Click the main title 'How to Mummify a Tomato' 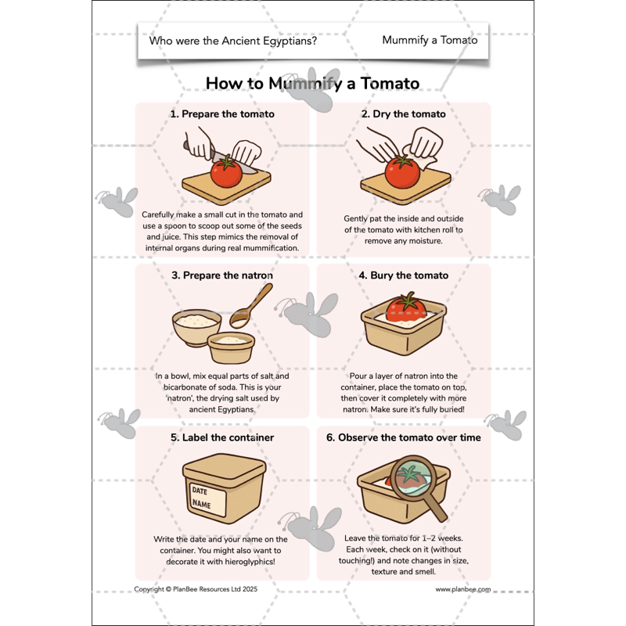click(x=312, y=83)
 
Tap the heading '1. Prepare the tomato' click(x=222, y=113)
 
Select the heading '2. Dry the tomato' click(x=403, y=113)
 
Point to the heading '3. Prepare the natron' click(x=222, y=275)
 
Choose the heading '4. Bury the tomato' click(x=403, y=275)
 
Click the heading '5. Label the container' click(x=222, y=437)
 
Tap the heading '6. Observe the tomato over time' click(x=403, y=437)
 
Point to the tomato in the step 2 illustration click(x=403, y=172)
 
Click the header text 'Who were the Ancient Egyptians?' click(x=232, y=41)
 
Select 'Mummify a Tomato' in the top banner click(x=430, y=40)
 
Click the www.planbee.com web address click(x=463, y=589)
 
